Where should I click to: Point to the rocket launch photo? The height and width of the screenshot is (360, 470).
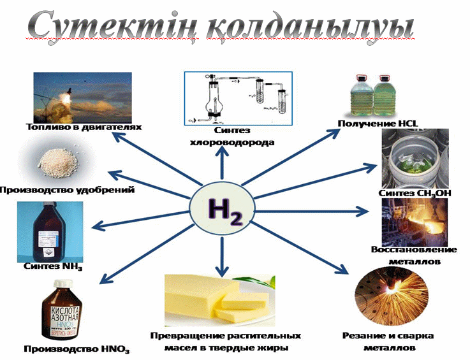(83, 97)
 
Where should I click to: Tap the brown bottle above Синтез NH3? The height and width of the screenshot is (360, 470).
(48, 231)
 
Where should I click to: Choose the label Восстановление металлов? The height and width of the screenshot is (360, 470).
(406, 255)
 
